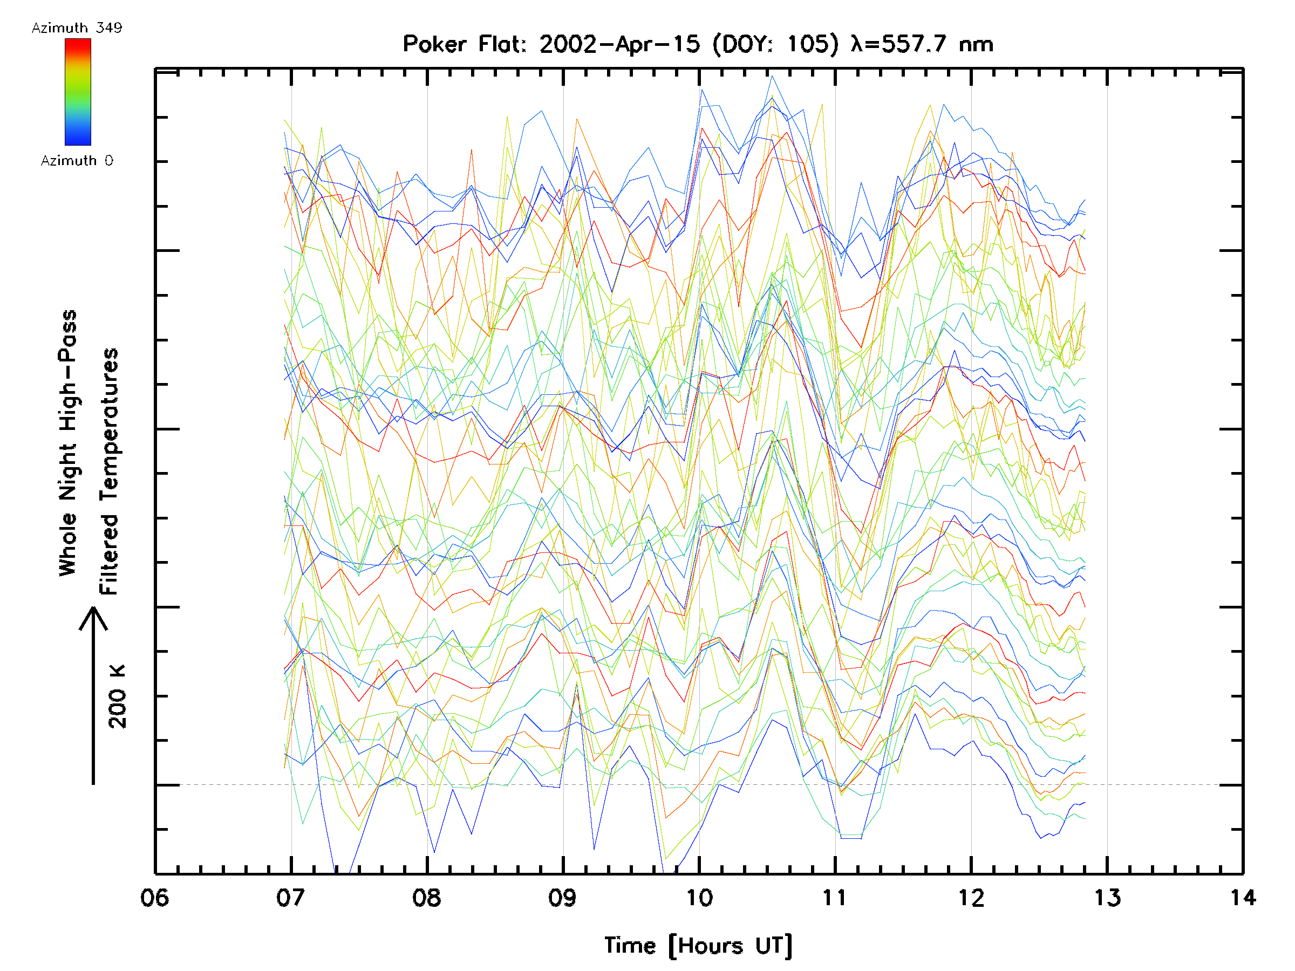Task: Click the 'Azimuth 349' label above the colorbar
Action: pyautogui.click(x=77, y=28)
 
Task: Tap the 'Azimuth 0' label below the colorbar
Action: pyautogui.click(x=77, y=161)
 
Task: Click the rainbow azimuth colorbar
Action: pyautogui.click(x=78, y=92)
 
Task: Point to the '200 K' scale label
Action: pyautogui.click(x=118, y=696)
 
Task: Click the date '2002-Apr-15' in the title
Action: pyautogui.click(x=619, y=44)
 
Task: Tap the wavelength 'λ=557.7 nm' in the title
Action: pyautogui.click(x=922, y=44)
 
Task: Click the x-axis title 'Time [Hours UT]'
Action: pyautogui.click(x=698, y=946)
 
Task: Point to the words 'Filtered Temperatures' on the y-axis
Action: pyautogui.click(x=109, y=471)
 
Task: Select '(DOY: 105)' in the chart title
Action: pyautogui.click(x=776, y=44)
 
